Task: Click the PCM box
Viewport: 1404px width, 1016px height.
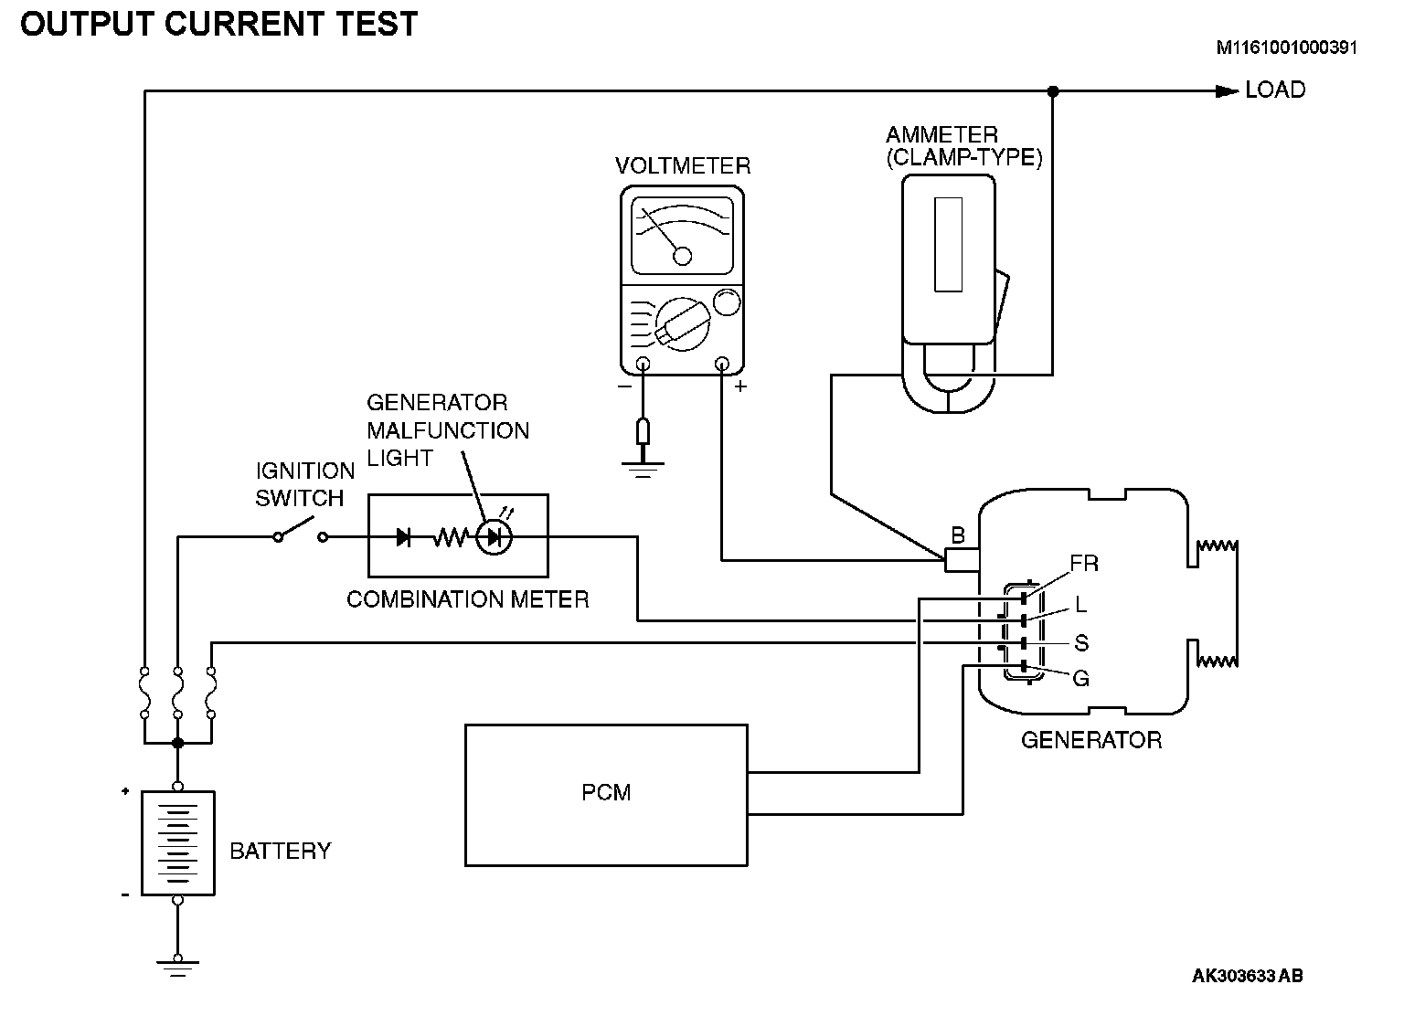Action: (606, 795)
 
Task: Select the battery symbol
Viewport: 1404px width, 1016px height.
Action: (178, 843)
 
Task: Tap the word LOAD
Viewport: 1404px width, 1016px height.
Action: (1275, 90)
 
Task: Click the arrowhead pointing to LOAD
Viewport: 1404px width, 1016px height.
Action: (1227, 91)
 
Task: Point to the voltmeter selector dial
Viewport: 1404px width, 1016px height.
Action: (683, 323)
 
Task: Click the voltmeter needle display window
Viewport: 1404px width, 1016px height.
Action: (682, 236)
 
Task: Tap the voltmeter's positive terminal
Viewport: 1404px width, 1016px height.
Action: (722, 364)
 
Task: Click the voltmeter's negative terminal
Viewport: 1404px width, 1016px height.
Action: (643, 364)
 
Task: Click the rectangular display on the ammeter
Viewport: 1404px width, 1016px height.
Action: (948, 244)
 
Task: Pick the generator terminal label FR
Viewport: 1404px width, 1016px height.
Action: (1084, 563)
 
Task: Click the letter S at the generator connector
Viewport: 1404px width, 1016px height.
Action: (1082, 642)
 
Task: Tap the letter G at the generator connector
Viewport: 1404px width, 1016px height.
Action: (1081, 678)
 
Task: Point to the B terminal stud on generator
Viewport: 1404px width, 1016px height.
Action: (962, 559)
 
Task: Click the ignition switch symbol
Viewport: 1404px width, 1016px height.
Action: (300, 531)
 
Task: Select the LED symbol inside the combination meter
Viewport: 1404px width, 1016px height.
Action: (494, 537)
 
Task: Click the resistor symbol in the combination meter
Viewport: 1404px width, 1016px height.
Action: (451, 537)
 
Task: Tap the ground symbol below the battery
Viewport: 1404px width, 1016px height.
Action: (178, 967)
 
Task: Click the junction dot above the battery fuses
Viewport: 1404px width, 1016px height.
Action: (178, 743)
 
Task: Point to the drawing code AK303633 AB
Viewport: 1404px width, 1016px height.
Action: (1248, 975)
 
